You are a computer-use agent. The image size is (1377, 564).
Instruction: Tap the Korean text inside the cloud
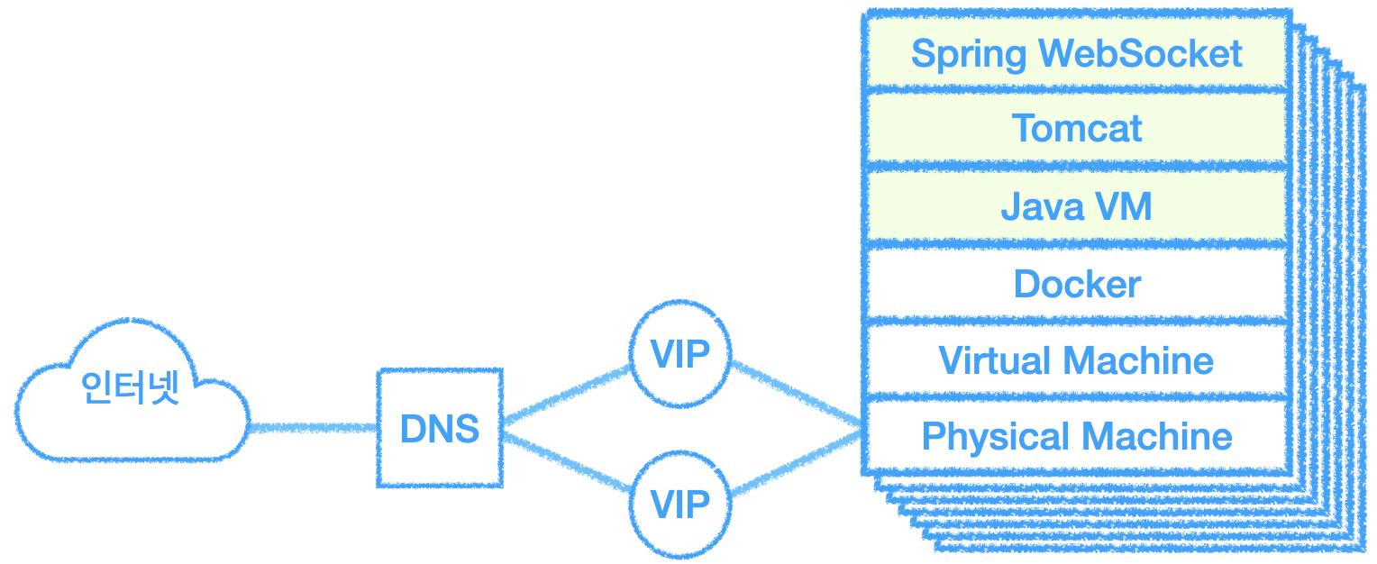click(x=131, y=387)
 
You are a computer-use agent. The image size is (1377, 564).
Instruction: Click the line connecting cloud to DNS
click(x=314, y=428)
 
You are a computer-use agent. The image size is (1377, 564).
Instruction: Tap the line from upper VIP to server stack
click(x=797, y=393)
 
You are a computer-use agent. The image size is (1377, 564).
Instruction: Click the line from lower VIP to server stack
click(x=797, y=463)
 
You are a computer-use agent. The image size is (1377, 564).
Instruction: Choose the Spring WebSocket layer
click(x=1076, y=53)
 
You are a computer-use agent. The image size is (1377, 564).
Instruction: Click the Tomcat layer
click(x=1076, y=129)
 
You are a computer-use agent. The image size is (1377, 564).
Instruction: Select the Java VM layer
click(x=1076, y=205)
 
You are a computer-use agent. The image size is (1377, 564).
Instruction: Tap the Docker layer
click(x=1076, y=283)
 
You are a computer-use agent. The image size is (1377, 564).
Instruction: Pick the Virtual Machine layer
click(x=1076, y=360)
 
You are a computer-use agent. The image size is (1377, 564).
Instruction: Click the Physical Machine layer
click(x=1076, y=437)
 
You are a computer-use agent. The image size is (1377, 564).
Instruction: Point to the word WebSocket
click(x=1141, y=53)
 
